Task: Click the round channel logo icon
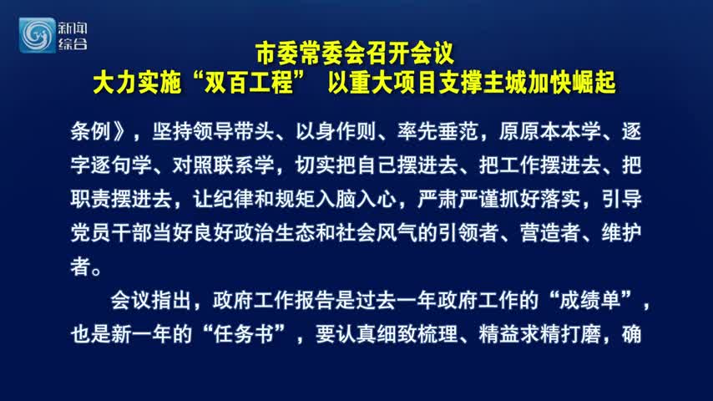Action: click(x=37, y=35)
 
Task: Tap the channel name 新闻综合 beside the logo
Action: click(x=73, y=36)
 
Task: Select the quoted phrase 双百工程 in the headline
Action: click(x=248, y=83)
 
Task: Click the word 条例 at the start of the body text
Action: click(x=91, y=131)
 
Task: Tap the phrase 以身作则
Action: click(x=336, y=131)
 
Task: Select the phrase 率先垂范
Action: click(x=437, y=131)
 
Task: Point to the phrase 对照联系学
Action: click(x=223, y=165)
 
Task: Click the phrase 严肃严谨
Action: click(x=458, y=199)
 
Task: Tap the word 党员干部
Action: click(x=111, y=232)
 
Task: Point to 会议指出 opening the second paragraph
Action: click(x=151, y=301)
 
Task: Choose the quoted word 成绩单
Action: click(x=589, y=301)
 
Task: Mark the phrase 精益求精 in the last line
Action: click(x=519, y=334)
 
